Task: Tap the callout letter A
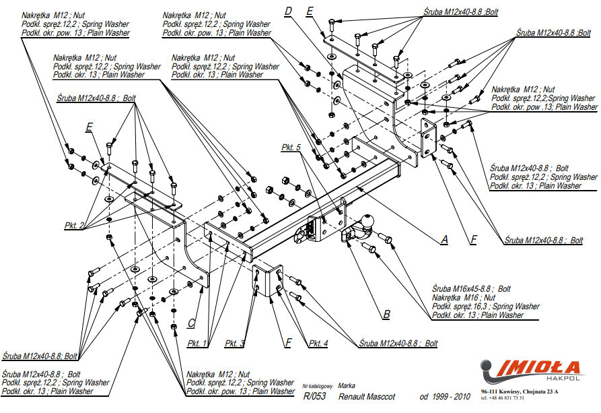point(444,239)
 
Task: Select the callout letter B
point(386,313)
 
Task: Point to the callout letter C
point(191,322)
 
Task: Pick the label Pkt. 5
point(292,146)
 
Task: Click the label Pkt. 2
point(75,226)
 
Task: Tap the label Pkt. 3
point(235,344)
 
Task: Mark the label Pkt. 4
point(318,344)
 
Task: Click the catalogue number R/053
point(314,396)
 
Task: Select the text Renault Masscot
point(367,396)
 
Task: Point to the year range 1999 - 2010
point(445,396)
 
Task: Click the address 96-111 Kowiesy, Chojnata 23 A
point(519,391)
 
